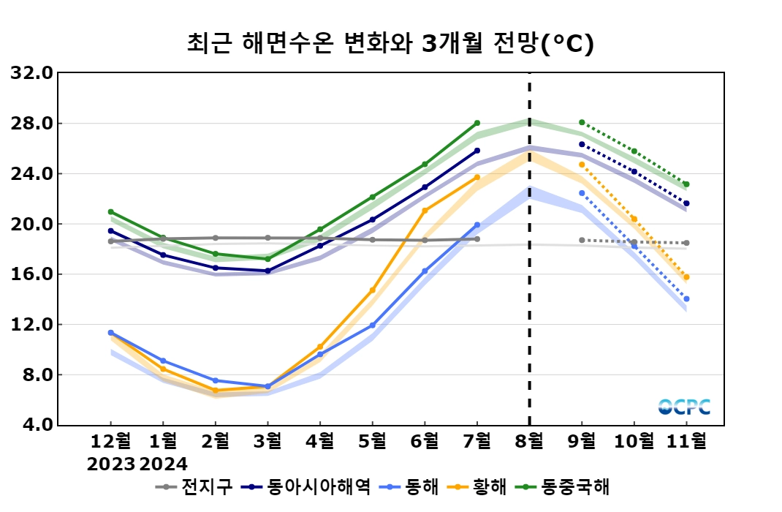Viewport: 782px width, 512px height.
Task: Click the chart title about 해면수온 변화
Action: [x=390, y=44]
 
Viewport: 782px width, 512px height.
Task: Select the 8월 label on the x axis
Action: [x=529, y=442]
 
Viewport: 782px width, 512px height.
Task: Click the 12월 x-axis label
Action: [x=111, y=442]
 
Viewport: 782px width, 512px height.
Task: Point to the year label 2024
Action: [x=164, y=464]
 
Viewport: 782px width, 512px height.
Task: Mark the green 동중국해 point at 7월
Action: [x=477, y=123]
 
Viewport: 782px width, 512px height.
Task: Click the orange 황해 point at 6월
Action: [x=425, y=211]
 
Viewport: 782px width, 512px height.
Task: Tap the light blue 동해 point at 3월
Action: [x=267, y=386]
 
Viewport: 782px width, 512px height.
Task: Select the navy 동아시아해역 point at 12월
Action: [x=111, y=230]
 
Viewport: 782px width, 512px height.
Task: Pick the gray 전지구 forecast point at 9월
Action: [x=582, y=240]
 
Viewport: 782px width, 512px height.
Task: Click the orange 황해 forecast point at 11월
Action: [x=686, y=277]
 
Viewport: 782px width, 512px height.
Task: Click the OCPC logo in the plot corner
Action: [x=684, y=407]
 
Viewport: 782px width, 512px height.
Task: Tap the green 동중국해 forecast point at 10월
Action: [x=634, y=151]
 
